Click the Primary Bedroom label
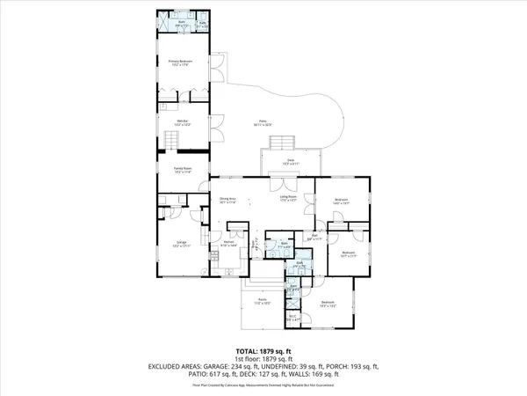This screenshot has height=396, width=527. (180, 62)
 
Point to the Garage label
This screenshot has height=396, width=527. (181, 242)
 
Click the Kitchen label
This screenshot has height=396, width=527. (228, 243)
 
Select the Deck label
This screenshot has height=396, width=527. (291, 162)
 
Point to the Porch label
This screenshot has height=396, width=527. (263, 300)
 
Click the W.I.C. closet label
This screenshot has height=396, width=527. (293, 319)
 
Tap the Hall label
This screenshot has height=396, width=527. (314, 236)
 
